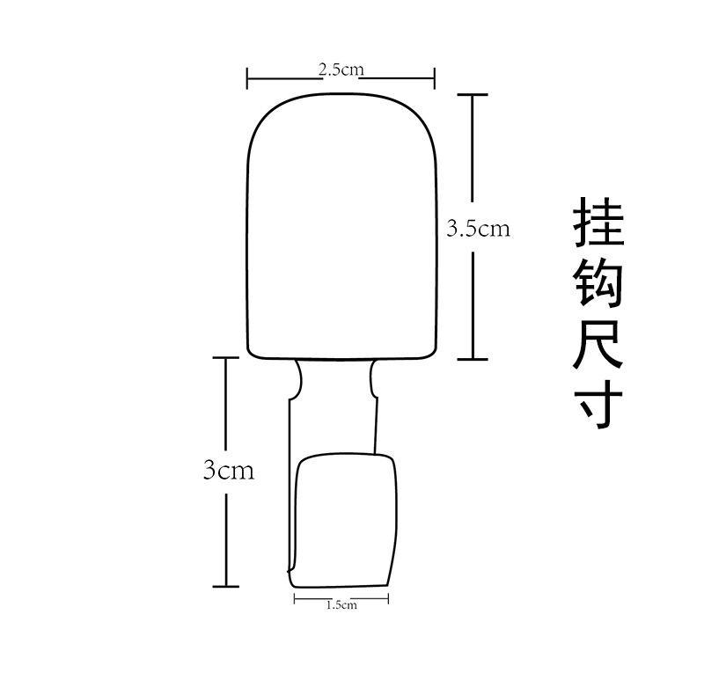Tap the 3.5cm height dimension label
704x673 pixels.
coord(478,229)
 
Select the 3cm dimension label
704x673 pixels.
coord(228,471)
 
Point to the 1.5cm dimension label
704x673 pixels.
coord(341,604)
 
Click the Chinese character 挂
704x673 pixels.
coord(598,222)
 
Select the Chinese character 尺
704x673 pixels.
coord(598,343)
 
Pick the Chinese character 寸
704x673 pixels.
coord(598,402)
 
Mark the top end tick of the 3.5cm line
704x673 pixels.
coord(473,94)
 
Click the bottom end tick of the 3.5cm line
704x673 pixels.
coord(473,359)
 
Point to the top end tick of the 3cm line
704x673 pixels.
coord(226,358)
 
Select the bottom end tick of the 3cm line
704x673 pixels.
coord(226,585)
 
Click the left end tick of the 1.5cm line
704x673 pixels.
coord(294,601)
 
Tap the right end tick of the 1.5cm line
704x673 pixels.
coord(388,601)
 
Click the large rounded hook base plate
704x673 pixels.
coord(342,224)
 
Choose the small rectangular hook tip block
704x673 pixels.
coord(345,519)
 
